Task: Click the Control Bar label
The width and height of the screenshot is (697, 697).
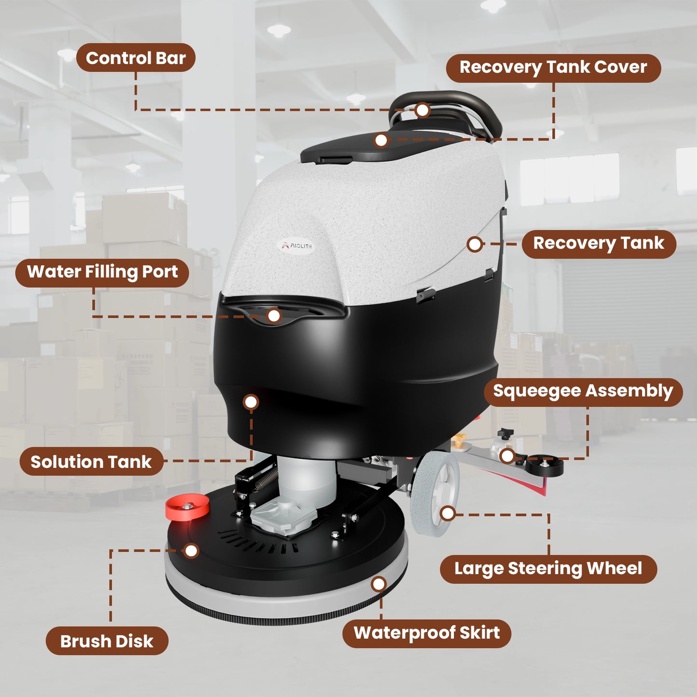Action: (136, 58)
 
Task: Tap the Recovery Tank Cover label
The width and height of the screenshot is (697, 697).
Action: (553, 68)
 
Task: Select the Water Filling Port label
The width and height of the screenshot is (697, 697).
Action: (102, 273)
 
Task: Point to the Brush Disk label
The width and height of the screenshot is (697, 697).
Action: (107, 642)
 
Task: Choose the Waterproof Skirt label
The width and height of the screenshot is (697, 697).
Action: (426, 633)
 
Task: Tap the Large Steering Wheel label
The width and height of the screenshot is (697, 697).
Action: (548, 569)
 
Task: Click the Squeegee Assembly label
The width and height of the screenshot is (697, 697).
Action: (583, 392)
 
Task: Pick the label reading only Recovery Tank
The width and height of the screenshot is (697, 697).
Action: (599, 244)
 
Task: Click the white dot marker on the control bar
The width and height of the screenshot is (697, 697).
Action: (422, 110)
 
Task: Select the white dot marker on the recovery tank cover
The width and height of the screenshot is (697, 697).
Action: (381, 140)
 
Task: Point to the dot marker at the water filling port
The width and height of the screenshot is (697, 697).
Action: (274, 316)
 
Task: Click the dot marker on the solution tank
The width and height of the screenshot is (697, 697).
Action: (251, 402)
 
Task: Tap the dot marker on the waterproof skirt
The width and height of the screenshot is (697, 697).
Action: (379, 584)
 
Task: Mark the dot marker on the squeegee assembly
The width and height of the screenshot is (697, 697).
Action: (507, 456)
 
